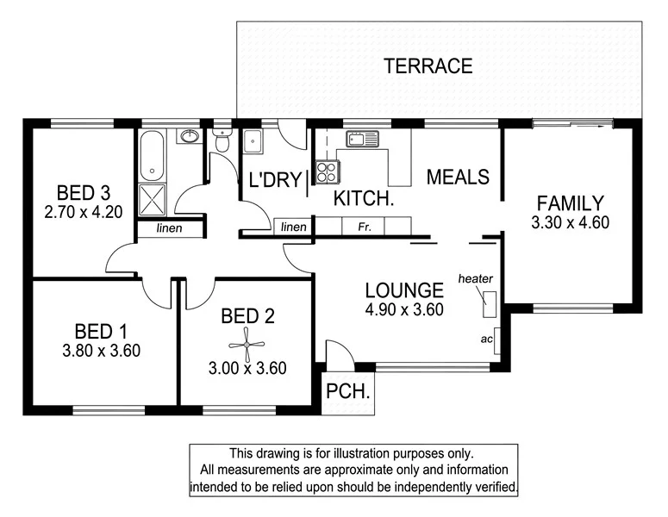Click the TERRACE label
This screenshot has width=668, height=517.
click(428, 66)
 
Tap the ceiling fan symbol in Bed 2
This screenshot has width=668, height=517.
click(247, 344)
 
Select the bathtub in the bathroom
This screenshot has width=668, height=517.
click(152, 156)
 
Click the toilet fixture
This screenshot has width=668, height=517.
click(222, 139)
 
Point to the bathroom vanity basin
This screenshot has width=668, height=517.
click(189, 136)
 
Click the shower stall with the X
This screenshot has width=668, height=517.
click(152, 200)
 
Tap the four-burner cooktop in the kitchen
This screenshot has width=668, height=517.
click(328, 172)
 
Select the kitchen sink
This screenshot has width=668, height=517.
click(362, 139)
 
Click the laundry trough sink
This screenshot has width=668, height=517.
click(253, 141)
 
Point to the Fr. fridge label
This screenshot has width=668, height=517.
click(365, 227)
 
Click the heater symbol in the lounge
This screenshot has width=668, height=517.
click(489, 304)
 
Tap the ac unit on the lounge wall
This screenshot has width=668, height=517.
click(496, 340)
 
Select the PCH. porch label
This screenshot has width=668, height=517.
click(347, 391)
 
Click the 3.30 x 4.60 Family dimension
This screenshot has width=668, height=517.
click(570, 222)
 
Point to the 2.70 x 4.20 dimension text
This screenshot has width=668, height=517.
click(84, 212)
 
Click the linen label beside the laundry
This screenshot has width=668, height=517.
click(294, 227)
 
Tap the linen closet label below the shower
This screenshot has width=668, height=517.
click(169, 228)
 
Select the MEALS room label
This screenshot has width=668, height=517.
click(458, 177)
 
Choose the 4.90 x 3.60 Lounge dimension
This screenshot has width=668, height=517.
click(404, 309)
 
